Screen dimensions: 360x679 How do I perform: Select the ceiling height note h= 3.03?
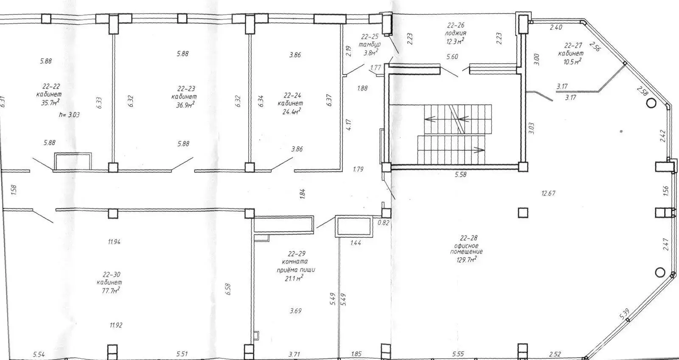click(70, 114)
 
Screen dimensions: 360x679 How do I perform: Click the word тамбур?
click(369, 44)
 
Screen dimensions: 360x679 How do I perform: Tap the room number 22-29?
click(297, 254)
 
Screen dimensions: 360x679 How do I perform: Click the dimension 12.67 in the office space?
click(548, 193)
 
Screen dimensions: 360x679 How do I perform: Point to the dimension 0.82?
click(383, 222)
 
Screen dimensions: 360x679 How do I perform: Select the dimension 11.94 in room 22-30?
click(115, 242)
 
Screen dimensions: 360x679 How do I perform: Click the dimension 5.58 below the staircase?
click(460, 174)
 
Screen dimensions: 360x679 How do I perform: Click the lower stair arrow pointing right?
click(479, 149)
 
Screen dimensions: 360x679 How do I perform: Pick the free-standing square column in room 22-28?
click(523, 212)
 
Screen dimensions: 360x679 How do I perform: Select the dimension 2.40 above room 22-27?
click(556, 28)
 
